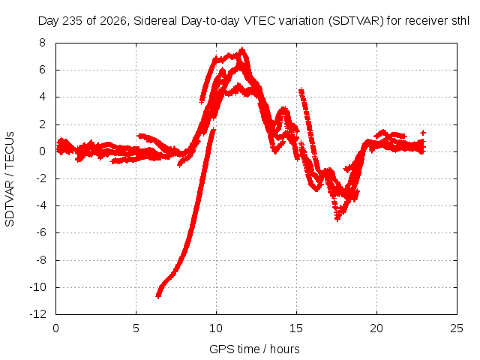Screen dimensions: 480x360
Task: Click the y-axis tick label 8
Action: click(42, 43)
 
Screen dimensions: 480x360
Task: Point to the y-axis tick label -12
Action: click(38, 314)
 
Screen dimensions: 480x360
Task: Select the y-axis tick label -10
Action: click(38, 287)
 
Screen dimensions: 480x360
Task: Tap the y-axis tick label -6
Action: click(40, 232)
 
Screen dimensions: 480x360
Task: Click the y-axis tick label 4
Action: click(42, 97)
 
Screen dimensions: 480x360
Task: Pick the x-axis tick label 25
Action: click(457, 328)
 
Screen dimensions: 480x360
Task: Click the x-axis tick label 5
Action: click(136, 328)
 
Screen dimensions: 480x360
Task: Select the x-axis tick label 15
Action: click(296, 328)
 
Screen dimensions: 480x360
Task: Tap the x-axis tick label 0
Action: click(55, 328)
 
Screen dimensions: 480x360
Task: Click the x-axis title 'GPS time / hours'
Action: click(254, 349)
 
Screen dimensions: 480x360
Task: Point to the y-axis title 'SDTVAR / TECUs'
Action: click(10, 179)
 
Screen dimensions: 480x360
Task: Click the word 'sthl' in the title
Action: click(460, 21)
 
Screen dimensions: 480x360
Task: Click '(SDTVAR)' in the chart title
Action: click(355, 21)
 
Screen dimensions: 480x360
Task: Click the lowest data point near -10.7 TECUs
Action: click(158, 295)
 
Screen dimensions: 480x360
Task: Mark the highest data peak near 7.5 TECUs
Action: click(242, 50)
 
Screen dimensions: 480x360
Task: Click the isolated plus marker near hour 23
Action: click(423, 133)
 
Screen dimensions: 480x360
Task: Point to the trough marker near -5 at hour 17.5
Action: click(337, 218)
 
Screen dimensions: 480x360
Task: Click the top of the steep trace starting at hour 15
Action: click(301, 91)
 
